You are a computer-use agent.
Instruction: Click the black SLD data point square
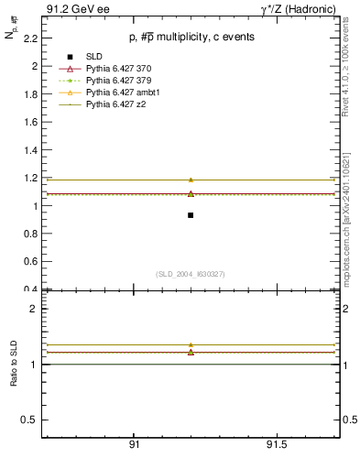[191, 215]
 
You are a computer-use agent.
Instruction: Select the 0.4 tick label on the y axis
[31, 289]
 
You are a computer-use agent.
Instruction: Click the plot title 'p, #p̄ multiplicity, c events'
[191, 37]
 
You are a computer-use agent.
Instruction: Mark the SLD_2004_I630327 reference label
[191, 274]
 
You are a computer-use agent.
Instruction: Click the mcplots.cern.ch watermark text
[350, 220]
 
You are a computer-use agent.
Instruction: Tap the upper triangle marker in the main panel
[191, 180]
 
